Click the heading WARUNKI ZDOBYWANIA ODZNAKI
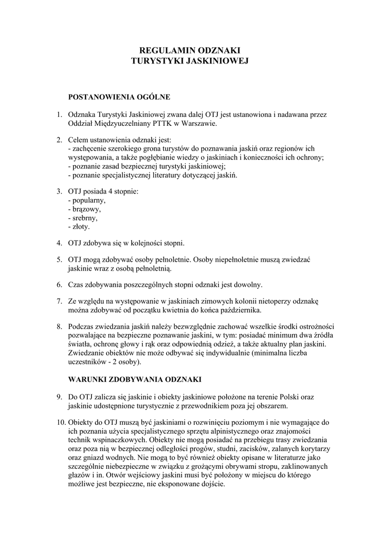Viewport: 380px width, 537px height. [135, 379]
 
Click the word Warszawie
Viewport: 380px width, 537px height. [198, 124]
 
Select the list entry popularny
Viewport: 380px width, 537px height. [88, 200]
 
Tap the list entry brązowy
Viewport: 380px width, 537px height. [86, 209]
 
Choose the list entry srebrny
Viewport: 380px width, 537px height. [85, 218]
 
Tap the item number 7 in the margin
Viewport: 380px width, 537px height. [59, 301]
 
